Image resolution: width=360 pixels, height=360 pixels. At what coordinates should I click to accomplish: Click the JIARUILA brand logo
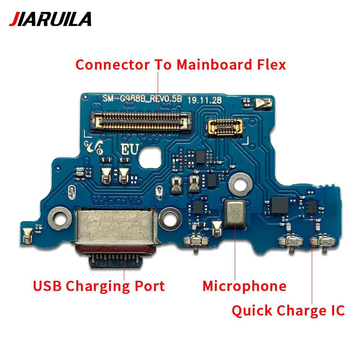(x=50, y=19)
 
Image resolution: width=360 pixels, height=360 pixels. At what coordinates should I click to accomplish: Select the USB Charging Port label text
(x=99, y=286)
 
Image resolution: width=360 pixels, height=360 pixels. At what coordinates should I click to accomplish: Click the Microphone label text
(x=244, y=286)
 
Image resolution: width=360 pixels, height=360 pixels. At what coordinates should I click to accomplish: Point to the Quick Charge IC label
(x=288, y=310)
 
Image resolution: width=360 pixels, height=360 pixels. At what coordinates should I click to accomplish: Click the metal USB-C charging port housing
(x=116, y=229)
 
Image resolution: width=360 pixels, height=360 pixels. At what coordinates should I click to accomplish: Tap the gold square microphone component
(x=235, y=214)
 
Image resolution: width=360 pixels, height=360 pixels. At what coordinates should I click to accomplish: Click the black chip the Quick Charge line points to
(x=312, y=206)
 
